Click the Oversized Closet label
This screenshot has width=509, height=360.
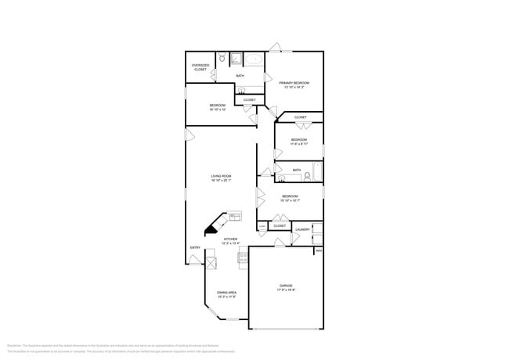(200, 67)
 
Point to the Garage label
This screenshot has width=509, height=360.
(285, 286)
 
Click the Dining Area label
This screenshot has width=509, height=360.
(227, 293)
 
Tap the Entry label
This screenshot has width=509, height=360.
(195, 248)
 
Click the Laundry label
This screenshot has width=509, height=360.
(302, 229)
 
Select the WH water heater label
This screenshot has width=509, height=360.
(319, 250)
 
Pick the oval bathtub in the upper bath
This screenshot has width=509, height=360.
(254, 59)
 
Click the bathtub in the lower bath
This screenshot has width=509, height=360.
(317, 170)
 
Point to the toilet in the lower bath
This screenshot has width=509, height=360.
(282, 178)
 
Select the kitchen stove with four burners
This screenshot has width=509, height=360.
(244, 255)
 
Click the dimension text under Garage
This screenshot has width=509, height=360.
(285, 290)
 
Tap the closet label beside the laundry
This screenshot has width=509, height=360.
(280, 226)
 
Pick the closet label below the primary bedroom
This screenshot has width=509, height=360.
(250, 99)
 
